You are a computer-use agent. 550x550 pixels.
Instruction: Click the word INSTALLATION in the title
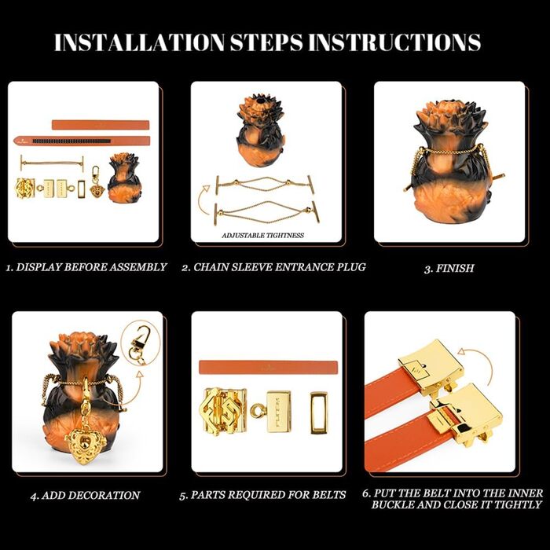tap(139, 42)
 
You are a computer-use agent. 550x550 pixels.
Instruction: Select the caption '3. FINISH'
tap(449, 269)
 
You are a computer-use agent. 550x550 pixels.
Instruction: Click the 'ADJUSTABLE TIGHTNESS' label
tap(262, 236)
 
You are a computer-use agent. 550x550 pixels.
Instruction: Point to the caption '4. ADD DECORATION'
tap(85, 495)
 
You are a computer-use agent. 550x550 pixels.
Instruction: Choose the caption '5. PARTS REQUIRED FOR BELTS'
tap(262, 495)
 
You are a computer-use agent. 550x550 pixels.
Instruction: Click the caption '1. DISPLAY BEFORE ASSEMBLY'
tap(86, 267)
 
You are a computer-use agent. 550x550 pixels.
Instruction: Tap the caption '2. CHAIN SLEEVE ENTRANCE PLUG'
tap(273, 267)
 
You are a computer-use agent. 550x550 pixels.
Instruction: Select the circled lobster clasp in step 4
tap(139, 344)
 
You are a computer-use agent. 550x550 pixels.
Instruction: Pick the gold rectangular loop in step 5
tap(319, 412)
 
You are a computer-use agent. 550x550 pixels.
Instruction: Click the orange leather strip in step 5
tap(269, 367)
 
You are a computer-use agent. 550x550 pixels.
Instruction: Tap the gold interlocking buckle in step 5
tap(222, 411)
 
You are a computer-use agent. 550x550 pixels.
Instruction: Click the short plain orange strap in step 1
tap(101, 125)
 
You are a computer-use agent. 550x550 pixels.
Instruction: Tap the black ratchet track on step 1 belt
tap(71, 141)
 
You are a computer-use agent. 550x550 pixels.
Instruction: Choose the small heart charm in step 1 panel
tap(97, 191)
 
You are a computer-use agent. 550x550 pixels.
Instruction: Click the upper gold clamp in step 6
tap(431, 368)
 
